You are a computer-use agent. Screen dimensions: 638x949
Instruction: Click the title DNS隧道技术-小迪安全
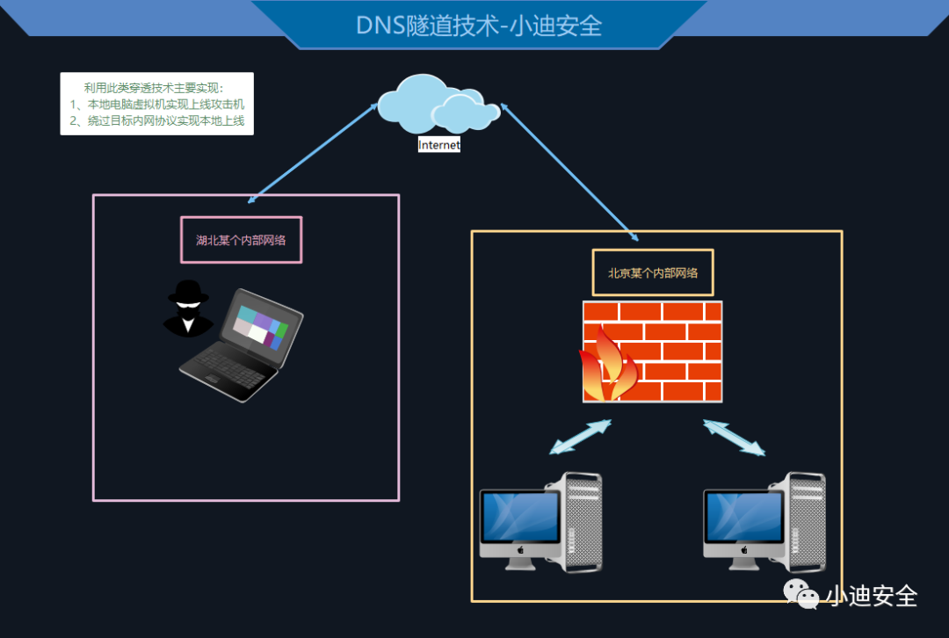[479, 25]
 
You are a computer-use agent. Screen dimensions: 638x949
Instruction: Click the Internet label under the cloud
[438, 145]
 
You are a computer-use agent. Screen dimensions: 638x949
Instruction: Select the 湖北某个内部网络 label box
[241, 240]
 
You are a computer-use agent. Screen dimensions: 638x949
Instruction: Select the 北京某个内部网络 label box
[653, 272]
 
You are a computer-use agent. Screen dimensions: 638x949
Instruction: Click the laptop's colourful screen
[261, 326]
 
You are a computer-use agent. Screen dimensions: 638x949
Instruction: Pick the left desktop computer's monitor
[520, 518]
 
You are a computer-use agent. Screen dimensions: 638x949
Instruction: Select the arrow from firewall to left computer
[580, 437]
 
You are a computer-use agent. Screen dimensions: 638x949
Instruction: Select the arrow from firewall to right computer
[734, 437]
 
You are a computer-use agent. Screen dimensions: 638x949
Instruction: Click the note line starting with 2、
[156, 121]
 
